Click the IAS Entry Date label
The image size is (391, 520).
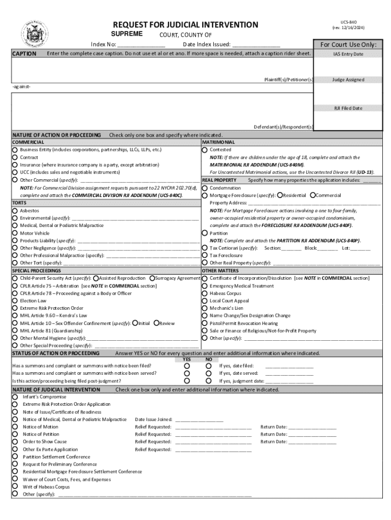pyautogui.click(x=348, y=54)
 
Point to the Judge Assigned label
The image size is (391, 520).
pyautogui.click(x=348, y=80)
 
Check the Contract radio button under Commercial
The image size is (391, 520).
pyautogui.click(x=15, y=157)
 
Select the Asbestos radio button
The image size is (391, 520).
pyautogui.click(x=15, y=210)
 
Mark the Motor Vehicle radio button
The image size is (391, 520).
pyautogui.click(x=15, y=233)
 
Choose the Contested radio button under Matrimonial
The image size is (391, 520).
pyautogui.click(x=205, y=150)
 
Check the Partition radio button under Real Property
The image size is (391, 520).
pyautogui.click(x=205, y=233)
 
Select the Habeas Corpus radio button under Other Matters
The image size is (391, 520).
pyautogui.click(x=205, y=293)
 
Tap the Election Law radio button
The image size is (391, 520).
pyautogui.click(x=15, y=301)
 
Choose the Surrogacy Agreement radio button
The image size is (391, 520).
pyautogui.click(x=152, y=278)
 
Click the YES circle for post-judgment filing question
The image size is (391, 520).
pyautogui.click(x=187, y=380)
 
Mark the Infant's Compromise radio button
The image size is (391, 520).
pyautogui.click(x=15, y=397)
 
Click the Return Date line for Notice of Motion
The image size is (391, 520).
pyautogui.click(x=312, y=427)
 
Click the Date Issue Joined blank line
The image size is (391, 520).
pyautogui.click(x=199, y=419)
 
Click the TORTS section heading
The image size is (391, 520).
pyautogui.click(x=20, y=203)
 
